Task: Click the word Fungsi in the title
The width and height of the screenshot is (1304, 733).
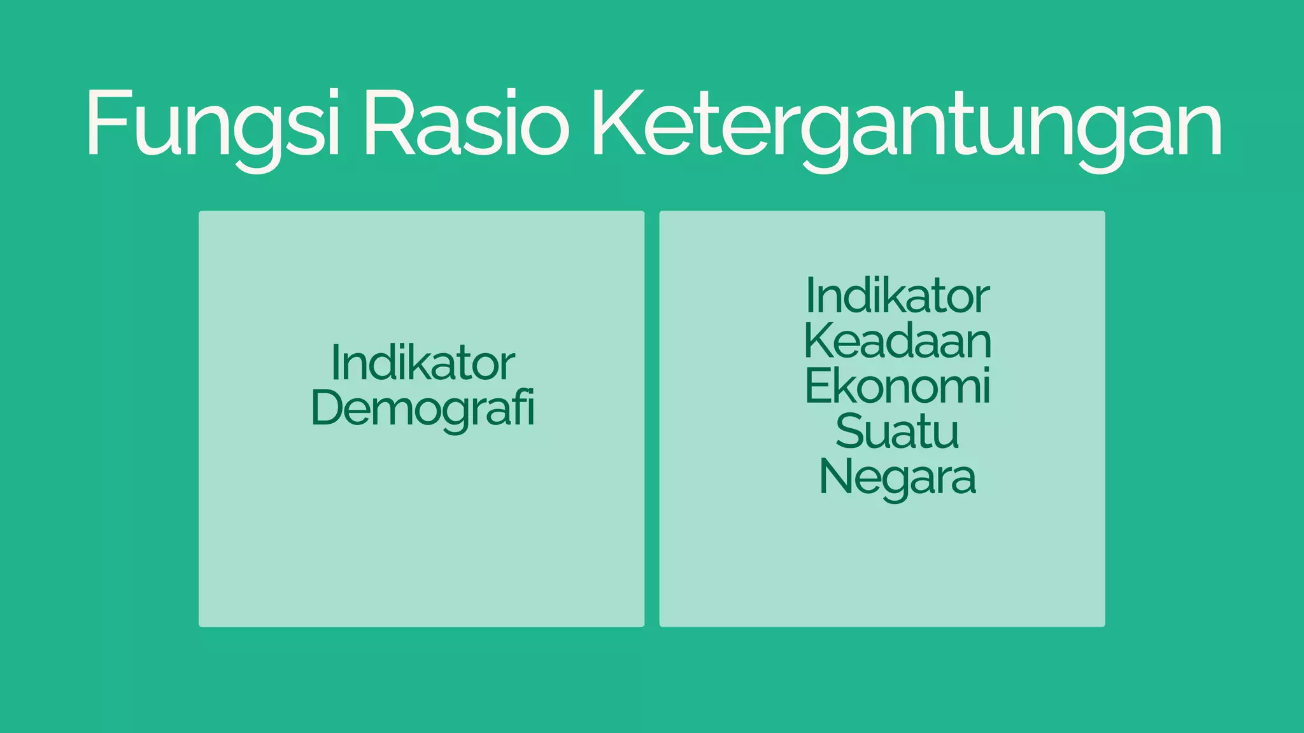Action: coord(213,123)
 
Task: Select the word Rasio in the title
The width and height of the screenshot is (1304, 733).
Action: coord(466,123)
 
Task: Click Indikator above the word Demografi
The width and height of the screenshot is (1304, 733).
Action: coord(422,363)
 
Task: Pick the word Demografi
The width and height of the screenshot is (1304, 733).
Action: coord(422,408)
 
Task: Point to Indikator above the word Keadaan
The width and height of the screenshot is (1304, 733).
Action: coord(897,296)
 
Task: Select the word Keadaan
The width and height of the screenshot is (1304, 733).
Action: coord(897,341)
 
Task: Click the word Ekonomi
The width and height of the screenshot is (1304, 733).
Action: coord(897,386)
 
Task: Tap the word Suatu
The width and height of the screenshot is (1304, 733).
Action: coord(897,431)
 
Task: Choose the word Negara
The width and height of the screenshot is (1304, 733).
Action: coord(897,477)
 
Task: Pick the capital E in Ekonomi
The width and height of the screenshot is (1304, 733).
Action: coord(818,386)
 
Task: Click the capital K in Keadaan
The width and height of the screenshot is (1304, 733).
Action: coord(819,341)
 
